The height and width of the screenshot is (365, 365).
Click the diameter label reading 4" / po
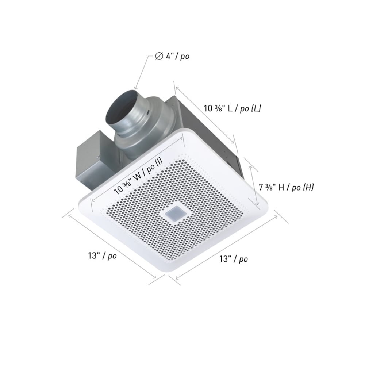[x=172, y=57]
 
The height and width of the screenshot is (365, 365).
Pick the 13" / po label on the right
[x=233, y=259]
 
